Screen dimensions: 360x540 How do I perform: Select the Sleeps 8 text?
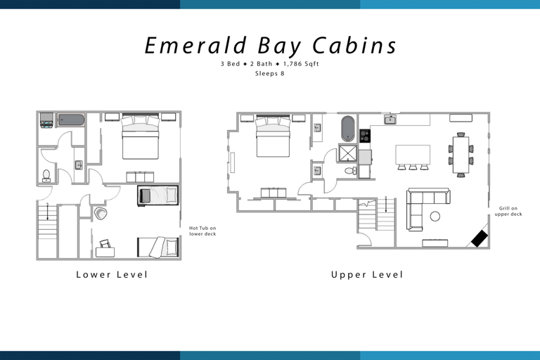tap(271, 73)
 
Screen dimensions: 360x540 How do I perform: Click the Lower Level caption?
tap(112, 274)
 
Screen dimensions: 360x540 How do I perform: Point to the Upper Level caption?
tap(368, 274)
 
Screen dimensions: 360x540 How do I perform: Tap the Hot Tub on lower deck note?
tap(202, 231)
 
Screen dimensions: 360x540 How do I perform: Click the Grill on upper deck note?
tap(508, 211)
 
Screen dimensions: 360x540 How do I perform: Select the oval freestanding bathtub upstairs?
tap(348, 129)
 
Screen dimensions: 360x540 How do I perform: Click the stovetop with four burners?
tap(365, 136)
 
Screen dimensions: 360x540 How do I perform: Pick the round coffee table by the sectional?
tap(435, 216)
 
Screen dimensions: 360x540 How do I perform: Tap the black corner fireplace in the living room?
tap(480, 238)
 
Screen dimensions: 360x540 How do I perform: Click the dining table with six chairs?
tap(461, 155)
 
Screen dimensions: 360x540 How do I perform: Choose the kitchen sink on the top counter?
tap(390, 120)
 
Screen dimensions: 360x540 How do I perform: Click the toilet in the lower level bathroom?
tap(46, 175)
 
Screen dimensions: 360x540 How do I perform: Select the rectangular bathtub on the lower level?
tap(70, 120)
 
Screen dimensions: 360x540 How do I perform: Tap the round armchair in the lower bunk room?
tap(101, 213)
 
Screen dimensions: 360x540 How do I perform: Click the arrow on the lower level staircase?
tap(47, 209)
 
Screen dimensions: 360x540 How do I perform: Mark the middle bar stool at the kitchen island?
tap(413, 167)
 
